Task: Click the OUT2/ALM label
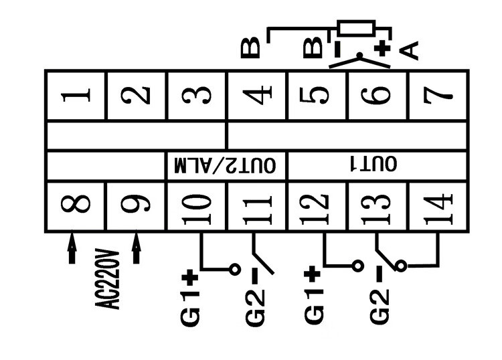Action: [226, 165]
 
